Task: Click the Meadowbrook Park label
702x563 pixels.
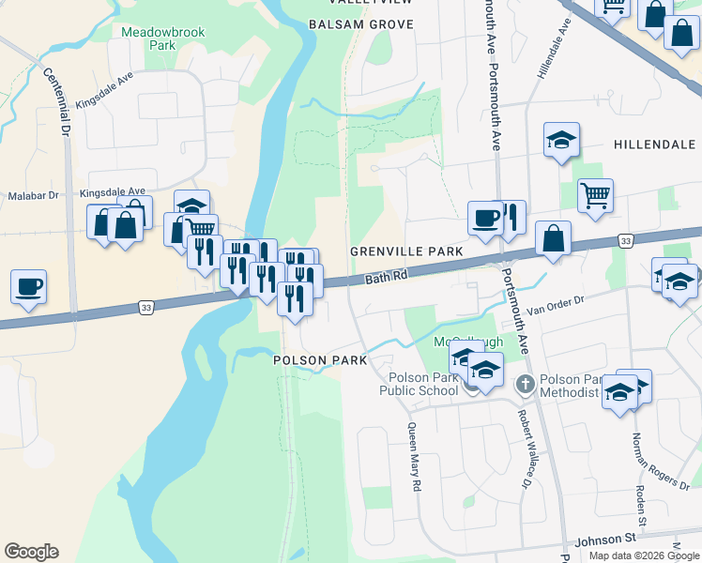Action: click(x=148, y=38)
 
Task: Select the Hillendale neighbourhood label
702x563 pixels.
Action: click(x=654, y=145)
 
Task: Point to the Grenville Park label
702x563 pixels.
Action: click(x=406, y=252)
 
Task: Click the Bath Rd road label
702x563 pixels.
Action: click(x=387, y=278)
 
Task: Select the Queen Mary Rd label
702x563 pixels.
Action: click(x=414, y=457)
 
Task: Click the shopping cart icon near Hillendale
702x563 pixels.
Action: click(x=595, y=196)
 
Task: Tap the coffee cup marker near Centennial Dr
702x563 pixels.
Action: click(x=29, y=285)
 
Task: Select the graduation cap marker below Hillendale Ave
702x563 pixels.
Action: click(x=561, y=141)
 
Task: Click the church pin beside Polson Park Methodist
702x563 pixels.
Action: click(x=526, y=383)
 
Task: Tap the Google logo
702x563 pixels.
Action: click(x=31, y=551)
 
